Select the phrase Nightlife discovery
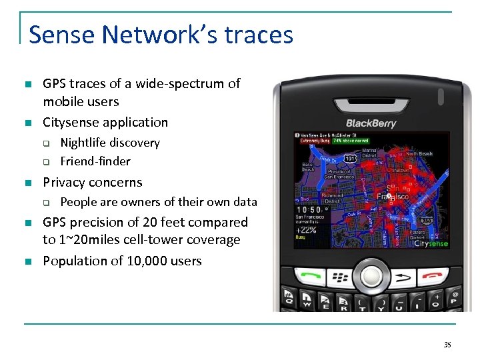coord(110,143)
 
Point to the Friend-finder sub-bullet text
coord(95,161)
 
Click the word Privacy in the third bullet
coord(64,182)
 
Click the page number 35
coord(447,345)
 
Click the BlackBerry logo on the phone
coord(371,123)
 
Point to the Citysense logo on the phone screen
coord(431,244)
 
